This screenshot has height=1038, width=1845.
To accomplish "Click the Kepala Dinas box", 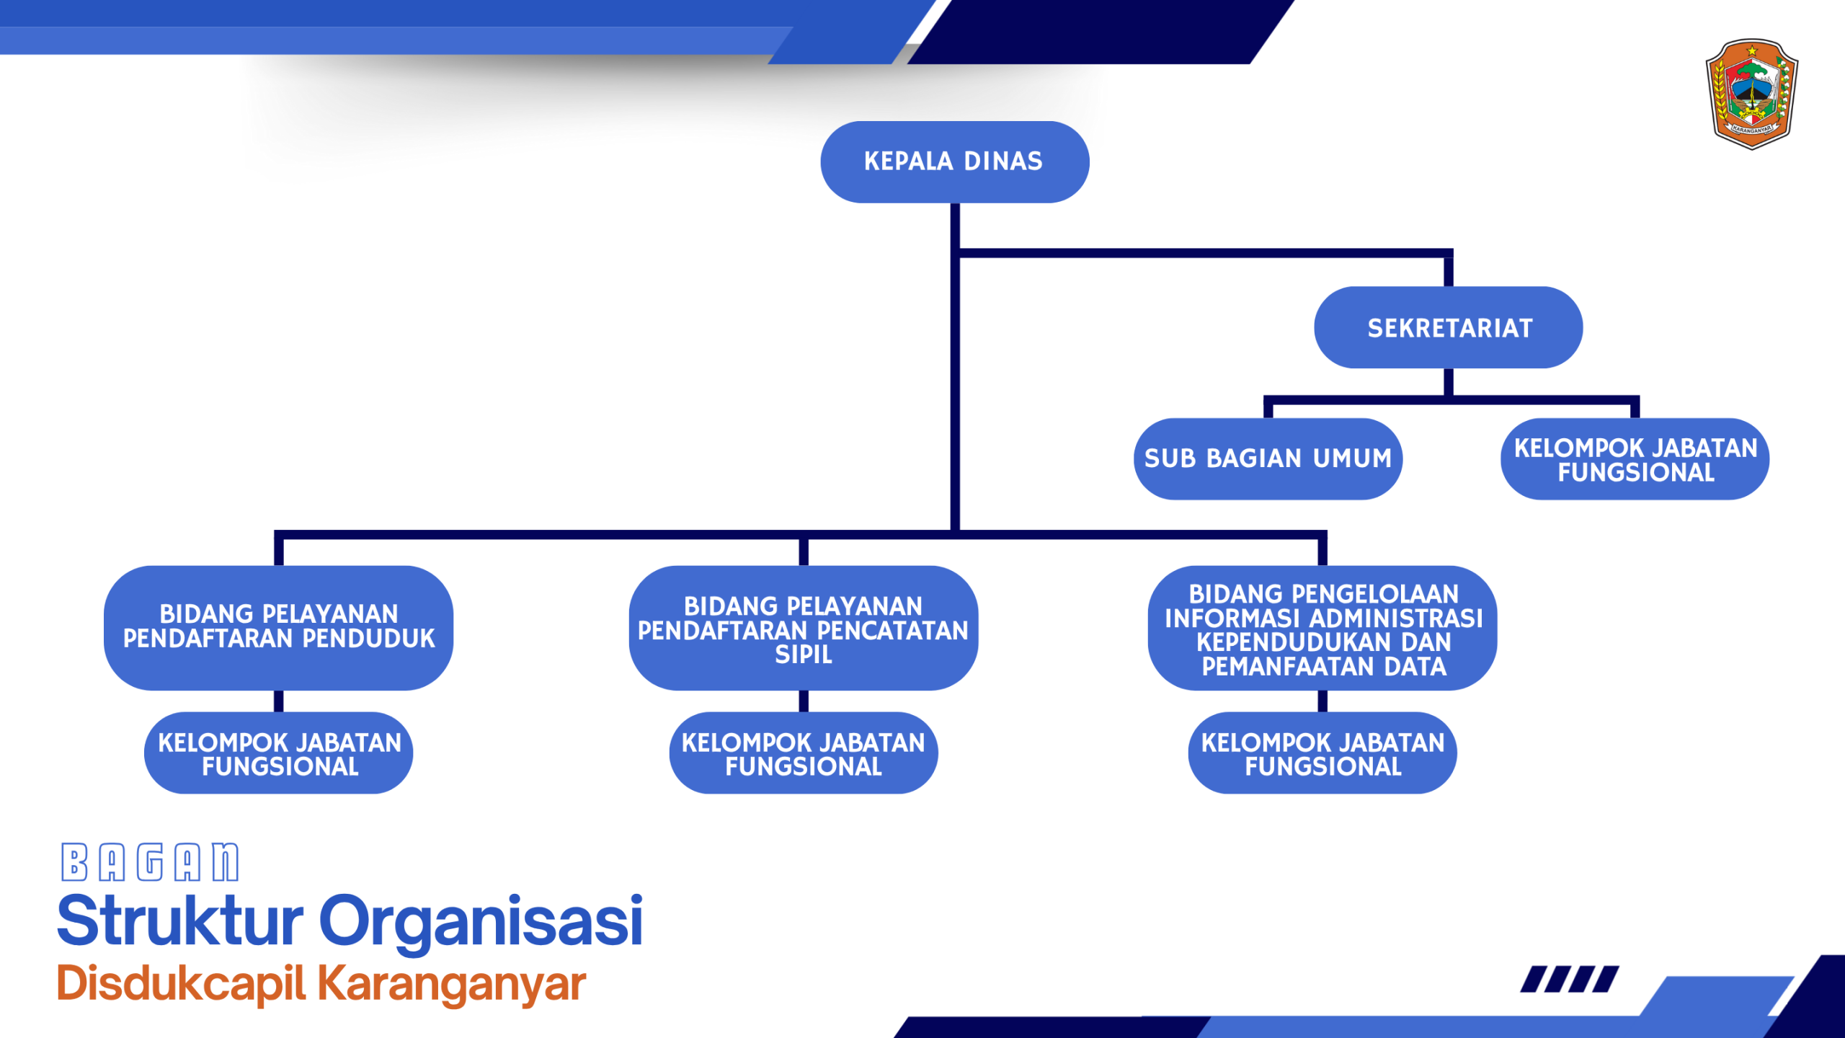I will [x=954, y=161].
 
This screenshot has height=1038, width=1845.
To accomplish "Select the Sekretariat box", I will [x=1448, y=328].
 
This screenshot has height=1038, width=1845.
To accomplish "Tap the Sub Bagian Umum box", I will [x=1268, y=458].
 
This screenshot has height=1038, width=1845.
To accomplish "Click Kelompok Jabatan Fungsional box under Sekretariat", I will [x=1635, y=459].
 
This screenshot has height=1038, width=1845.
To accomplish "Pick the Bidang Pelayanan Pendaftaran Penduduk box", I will [x=278, y=627].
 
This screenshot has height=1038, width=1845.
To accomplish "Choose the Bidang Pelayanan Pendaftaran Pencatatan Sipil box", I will [x=803, y=628].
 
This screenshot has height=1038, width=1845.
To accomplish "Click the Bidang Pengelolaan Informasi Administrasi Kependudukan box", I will [x=1322, y=628].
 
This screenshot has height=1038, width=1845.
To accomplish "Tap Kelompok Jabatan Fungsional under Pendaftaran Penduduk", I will [x=278, y=753].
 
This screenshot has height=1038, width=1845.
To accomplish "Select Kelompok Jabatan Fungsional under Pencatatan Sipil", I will [x=803, y=753].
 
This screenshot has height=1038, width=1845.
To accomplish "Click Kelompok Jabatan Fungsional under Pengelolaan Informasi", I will [x=1322, y=753].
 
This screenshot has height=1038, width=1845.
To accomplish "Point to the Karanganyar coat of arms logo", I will [x=1751, y=94].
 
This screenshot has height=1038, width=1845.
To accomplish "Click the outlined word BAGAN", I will [x=150, y=862].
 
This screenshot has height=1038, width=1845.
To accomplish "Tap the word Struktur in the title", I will [x=180, y=921].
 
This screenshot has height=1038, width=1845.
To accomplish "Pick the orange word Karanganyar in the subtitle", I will [x=452, y=985].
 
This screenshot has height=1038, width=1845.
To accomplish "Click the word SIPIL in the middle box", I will [x=803, y=655].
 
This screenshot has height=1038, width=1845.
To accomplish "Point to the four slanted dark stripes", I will [x=1569, y=980].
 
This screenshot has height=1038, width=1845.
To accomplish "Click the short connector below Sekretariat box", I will [x=1448, y=382].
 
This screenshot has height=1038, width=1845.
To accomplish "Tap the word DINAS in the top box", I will [x=1003, y=161].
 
